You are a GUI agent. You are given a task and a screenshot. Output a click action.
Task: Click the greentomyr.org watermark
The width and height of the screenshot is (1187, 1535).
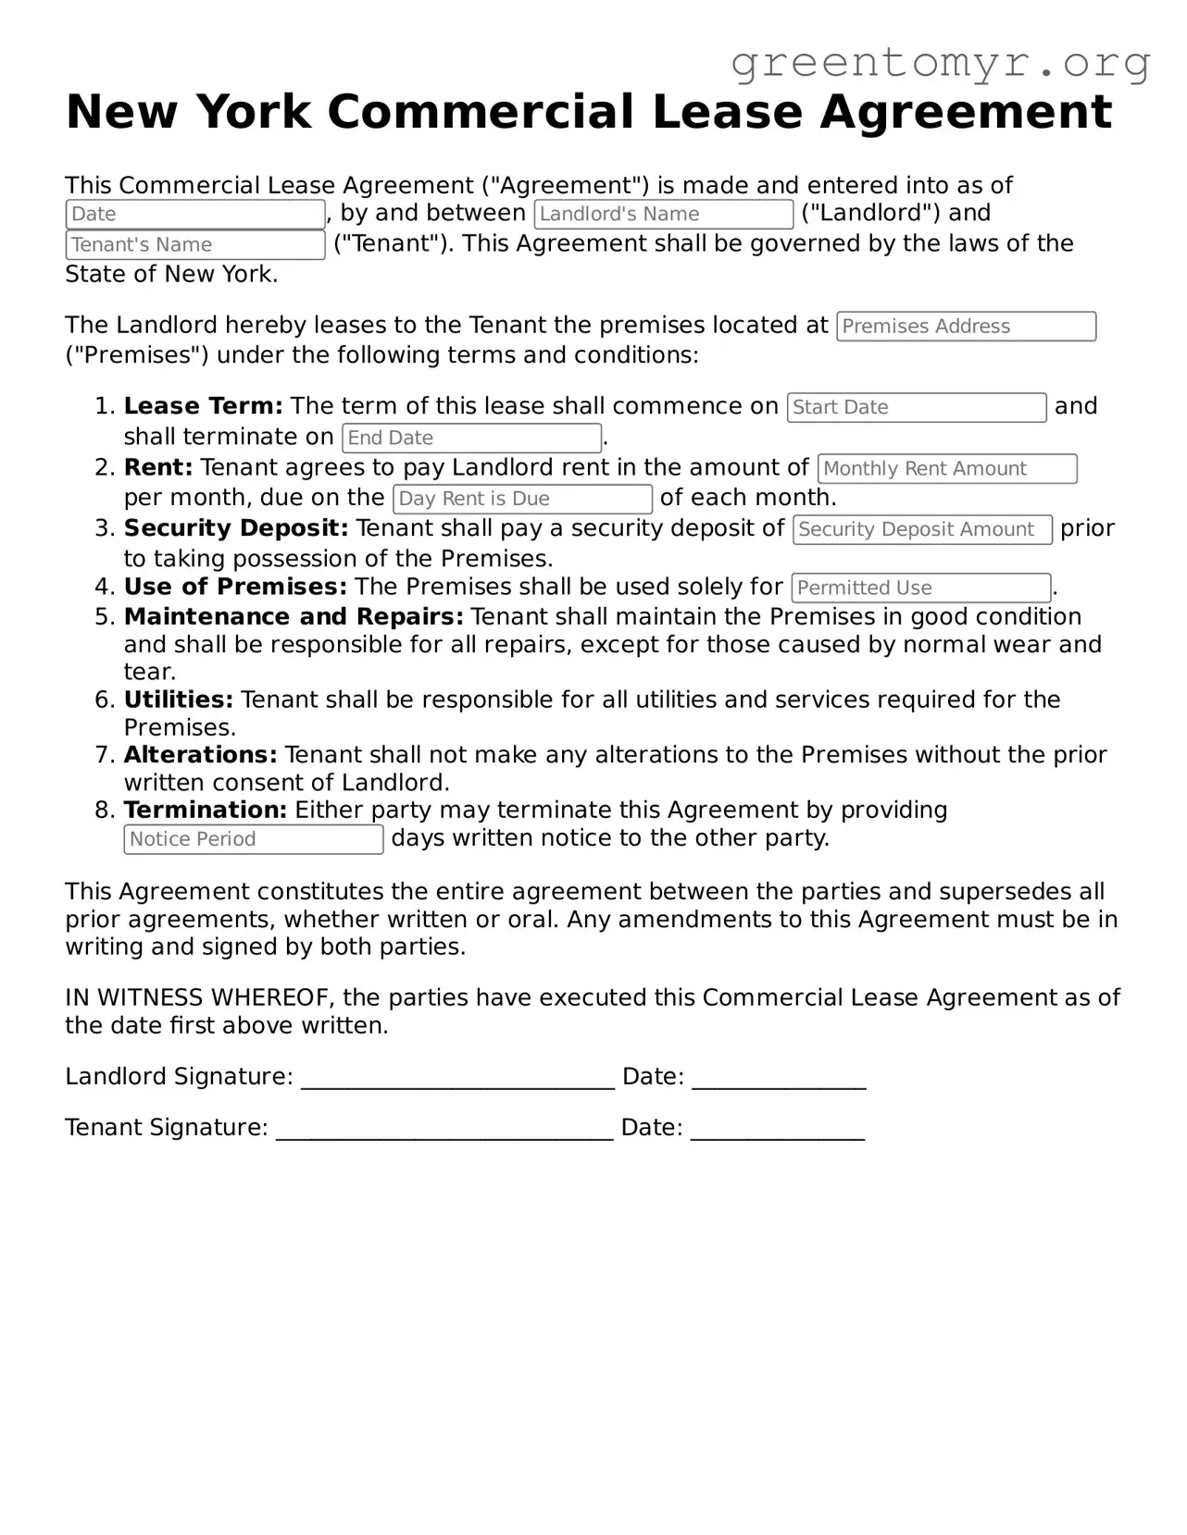940,63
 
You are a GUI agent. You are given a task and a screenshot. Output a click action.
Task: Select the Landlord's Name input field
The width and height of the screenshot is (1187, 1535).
663,214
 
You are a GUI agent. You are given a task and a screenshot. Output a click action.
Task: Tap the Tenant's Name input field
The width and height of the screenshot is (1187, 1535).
194,244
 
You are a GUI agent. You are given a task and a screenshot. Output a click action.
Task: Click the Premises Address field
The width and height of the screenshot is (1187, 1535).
966,327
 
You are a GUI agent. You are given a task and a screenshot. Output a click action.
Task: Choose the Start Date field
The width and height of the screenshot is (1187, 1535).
916,407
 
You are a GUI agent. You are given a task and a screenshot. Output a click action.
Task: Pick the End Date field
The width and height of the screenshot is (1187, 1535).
471,438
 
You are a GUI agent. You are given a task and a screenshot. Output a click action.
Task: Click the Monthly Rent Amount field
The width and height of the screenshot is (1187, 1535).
946,468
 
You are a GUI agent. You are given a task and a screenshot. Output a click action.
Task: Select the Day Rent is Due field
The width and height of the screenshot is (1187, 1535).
522,499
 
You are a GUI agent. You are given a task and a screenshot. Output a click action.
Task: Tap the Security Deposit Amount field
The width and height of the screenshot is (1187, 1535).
922,529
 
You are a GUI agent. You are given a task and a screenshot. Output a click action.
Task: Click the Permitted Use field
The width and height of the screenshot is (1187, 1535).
920,588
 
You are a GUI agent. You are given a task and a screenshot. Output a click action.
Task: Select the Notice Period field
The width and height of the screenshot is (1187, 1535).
253,839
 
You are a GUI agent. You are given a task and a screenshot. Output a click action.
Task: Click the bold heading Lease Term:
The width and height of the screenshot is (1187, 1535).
203,406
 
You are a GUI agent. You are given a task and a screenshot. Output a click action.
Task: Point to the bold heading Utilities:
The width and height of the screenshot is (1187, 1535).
178,699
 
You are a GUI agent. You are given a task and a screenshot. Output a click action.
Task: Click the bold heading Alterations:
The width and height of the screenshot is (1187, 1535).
200,755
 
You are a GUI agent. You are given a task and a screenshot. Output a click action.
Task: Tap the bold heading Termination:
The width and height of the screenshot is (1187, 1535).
205,811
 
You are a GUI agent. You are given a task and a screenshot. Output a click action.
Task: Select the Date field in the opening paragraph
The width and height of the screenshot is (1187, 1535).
194,214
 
